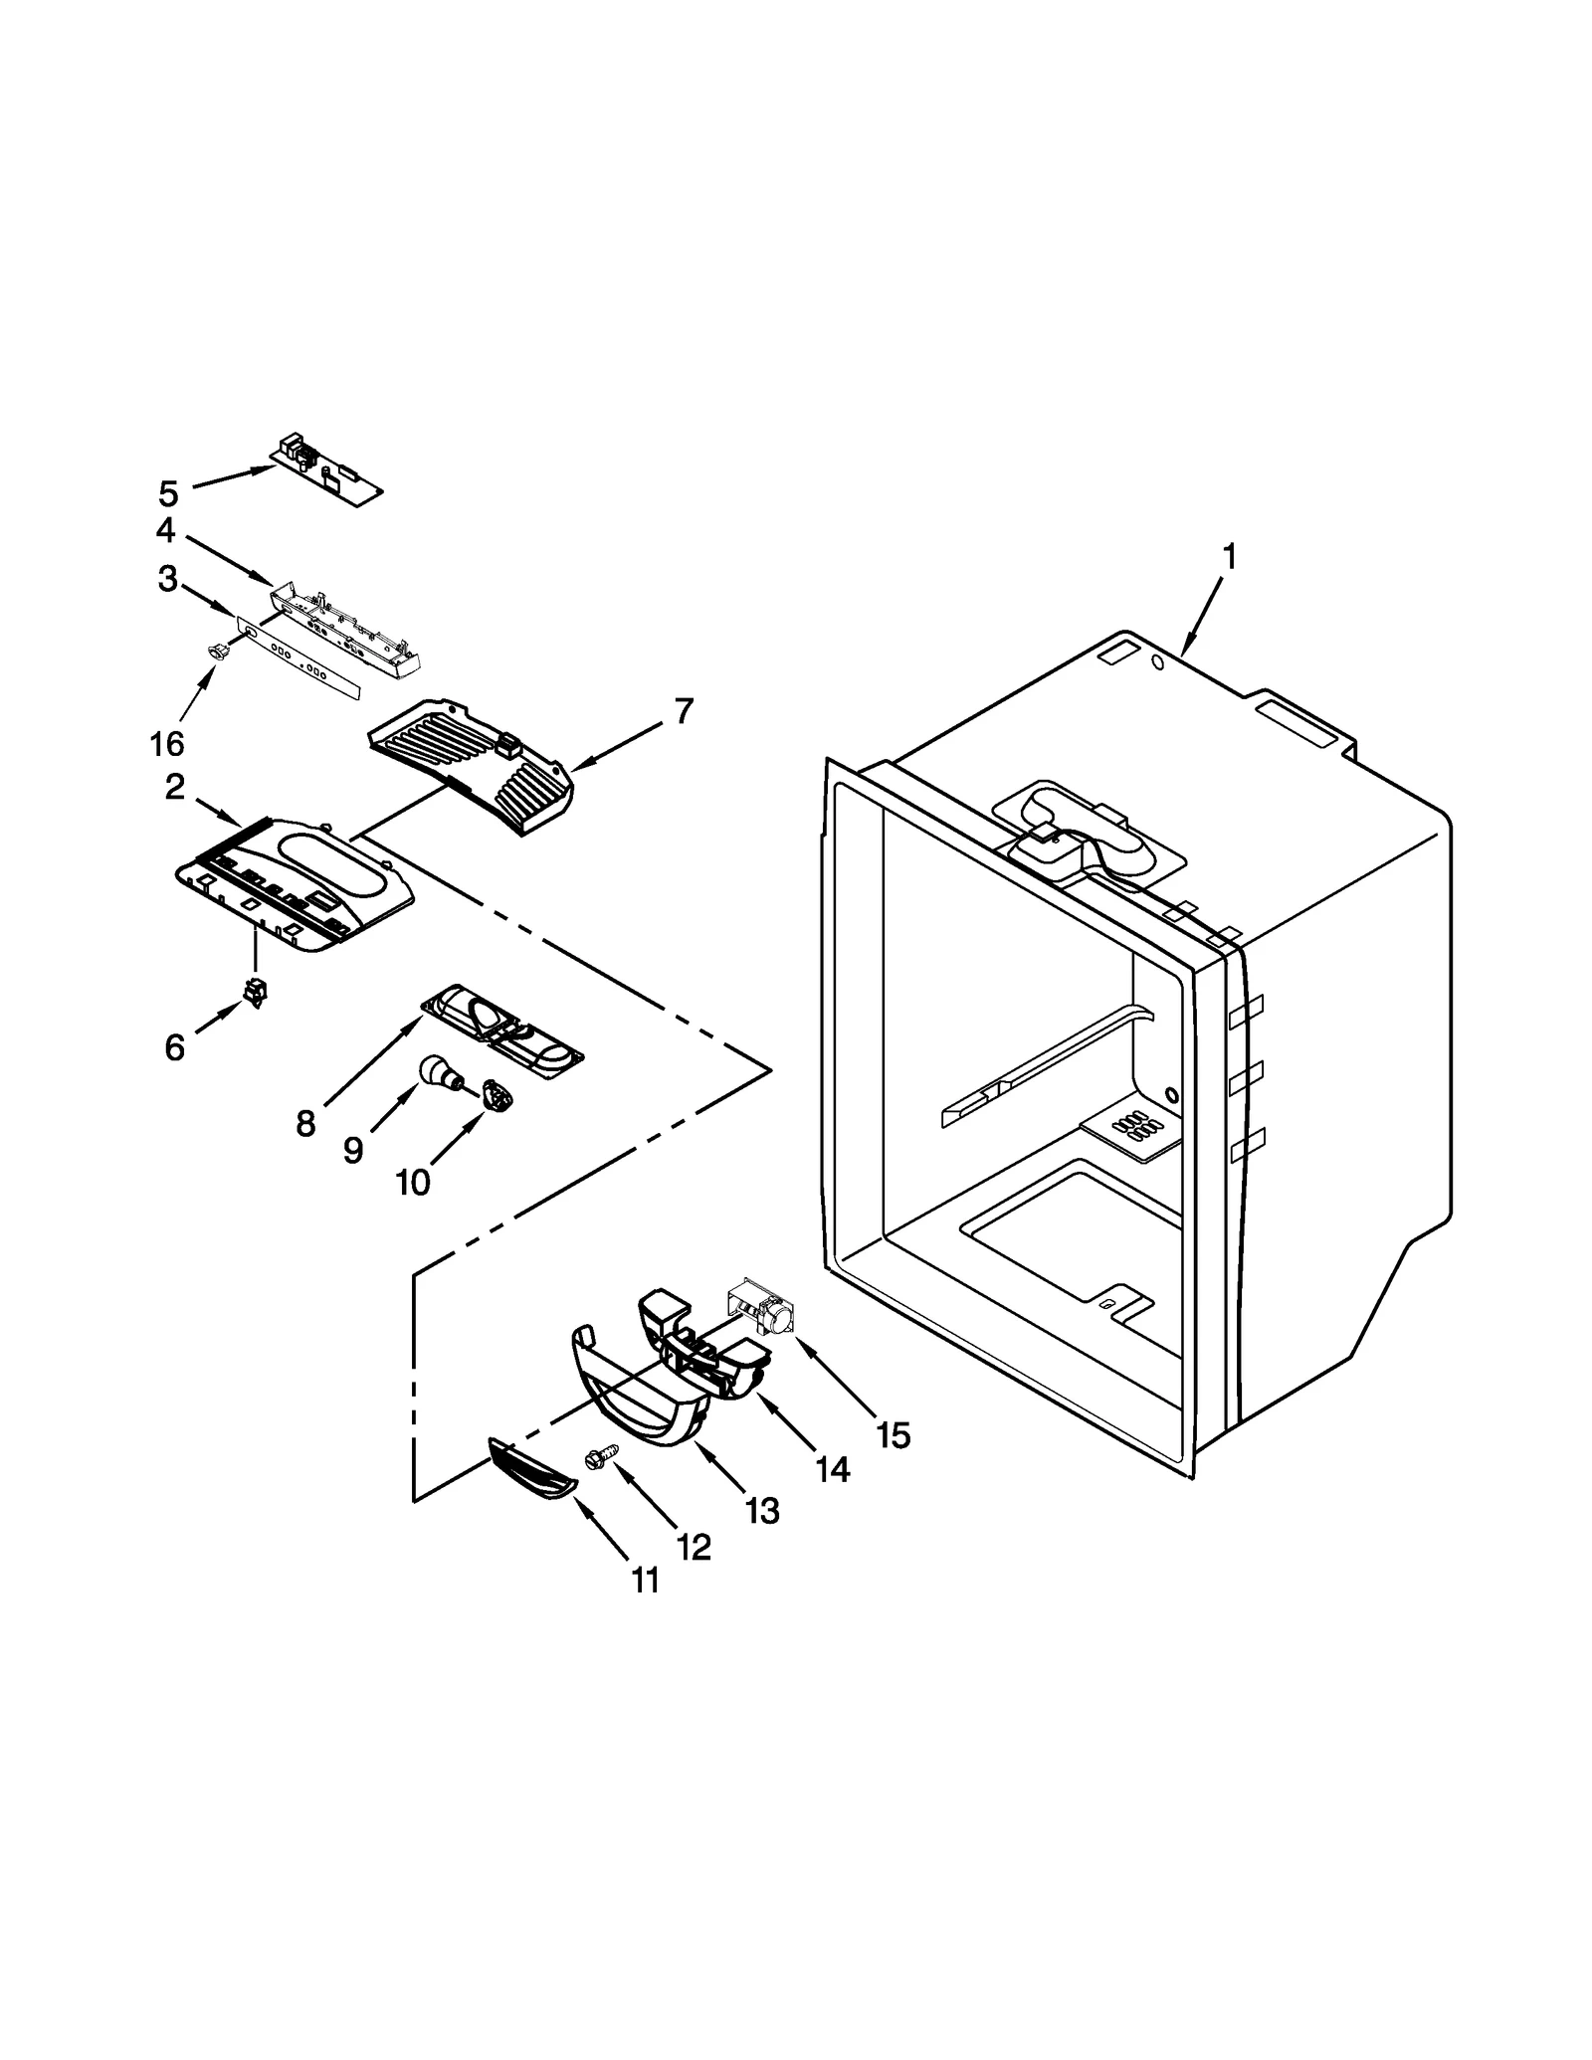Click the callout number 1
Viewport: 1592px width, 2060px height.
click(1230, 557)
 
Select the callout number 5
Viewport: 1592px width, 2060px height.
click(168, 492)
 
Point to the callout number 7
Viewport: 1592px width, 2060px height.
click(684, 711)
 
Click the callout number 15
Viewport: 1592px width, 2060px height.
click(894, 1434)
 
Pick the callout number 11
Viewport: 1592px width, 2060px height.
click(645, 1580)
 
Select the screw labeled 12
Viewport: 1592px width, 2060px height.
click(603, 1457)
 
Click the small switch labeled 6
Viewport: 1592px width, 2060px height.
click(256, 993)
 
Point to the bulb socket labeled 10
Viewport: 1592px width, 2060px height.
click(497, 1096)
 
